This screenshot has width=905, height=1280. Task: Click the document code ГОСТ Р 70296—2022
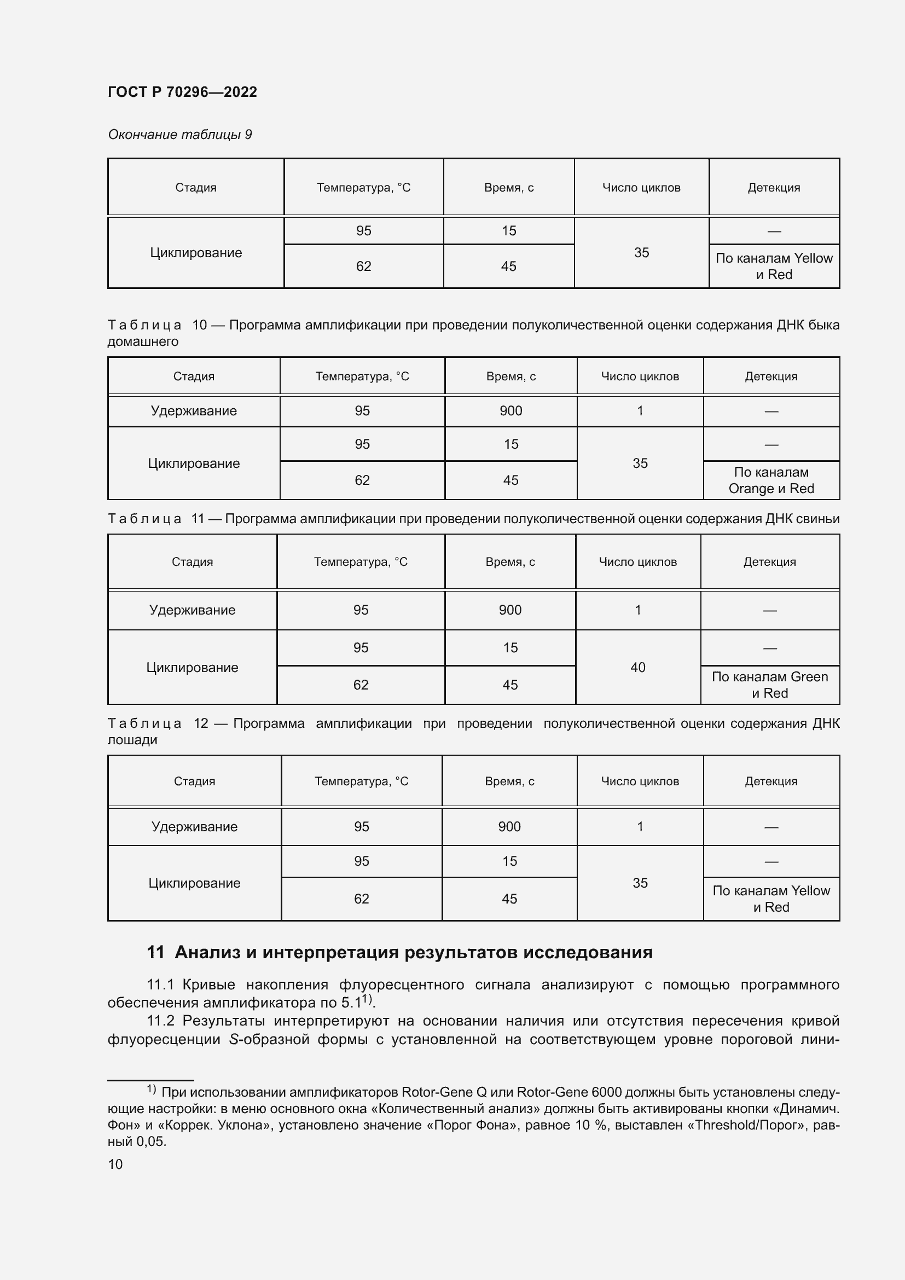click(182, 92)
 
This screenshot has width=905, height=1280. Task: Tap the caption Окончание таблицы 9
click(179, 135)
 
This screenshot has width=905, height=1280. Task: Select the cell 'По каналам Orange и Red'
click(771, 480)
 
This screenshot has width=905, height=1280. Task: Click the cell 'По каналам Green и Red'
click(770, 685)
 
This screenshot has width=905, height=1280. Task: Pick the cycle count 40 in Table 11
click(637, 667)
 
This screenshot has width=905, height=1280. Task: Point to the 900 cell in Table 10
click(510, 411)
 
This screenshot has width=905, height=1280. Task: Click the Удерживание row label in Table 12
click(194, 826)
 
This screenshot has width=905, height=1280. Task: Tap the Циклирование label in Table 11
click(192, 667)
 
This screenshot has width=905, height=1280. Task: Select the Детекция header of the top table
click(774, 187)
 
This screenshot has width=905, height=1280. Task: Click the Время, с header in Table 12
click(509, 781)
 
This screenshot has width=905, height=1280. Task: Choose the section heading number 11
click(155, 952)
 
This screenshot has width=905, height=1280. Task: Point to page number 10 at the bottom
click(115, 1164)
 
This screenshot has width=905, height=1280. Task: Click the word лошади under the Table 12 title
click(132, 740)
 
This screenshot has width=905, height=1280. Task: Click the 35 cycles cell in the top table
click(641, 252)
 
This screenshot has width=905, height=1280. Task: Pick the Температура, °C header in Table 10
click(362, 377)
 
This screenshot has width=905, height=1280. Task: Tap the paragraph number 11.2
click(161, 1021)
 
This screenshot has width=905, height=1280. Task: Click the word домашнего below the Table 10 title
click(143, 341)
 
